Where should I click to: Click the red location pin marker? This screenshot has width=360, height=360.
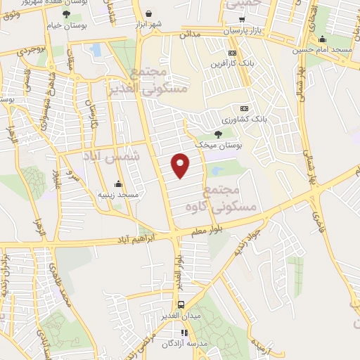[181, 165]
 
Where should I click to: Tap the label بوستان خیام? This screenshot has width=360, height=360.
[66, 25]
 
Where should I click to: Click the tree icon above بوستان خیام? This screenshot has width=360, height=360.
[66, 14]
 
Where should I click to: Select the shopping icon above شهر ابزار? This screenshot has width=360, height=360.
[149, 13]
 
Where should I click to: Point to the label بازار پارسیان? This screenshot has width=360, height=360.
[243, 32]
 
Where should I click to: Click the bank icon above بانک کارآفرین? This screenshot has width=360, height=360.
[232, 53]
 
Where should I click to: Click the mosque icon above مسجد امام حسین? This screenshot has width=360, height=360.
[322, 39]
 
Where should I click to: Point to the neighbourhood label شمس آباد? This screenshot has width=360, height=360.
[112, 153]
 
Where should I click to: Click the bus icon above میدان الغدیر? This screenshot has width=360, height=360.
[181, 304]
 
